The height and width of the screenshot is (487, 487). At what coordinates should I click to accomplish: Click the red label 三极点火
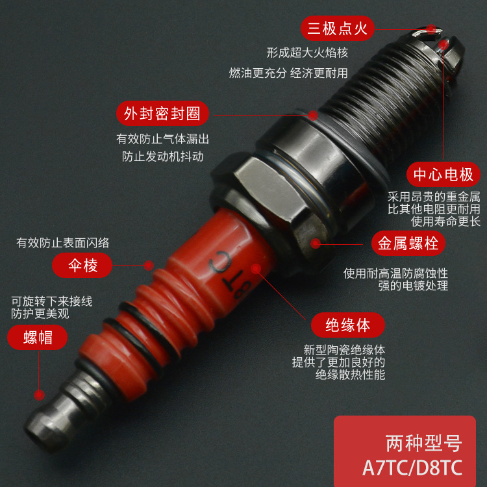pos(338,29)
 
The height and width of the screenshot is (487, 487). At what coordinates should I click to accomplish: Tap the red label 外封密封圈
pos(162,114)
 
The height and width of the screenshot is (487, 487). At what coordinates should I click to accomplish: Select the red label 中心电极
pos(443,174)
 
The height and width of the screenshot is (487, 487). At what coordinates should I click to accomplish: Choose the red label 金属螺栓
pos(408,243)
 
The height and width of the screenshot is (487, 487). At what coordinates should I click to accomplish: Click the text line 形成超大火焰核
pos(306,53)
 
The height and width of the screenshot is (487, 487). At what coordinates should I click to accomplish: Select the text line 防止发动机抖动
pos(162,156)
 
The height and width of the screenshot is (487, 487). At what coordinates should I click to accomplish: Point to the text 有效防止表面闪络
pos(63,243)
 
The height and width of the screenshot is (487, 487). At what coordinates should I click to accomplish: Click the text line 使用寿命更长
pos(443,222)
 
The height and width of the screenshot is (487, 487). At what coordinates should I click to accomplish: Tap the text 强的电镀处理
pos(414,286)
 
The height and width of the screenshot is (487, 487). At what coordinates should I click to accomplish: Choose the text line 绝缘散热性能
pos(350,375)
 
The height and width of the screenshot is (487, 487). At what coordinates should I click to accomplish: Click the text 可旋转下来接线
pos(52,301)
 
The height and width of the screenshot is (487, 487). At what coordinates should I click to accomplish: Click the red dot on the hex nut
pos(316,244)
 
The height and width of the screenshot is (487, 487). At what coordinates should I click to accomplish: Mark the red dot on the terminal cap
pos(40,394)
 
